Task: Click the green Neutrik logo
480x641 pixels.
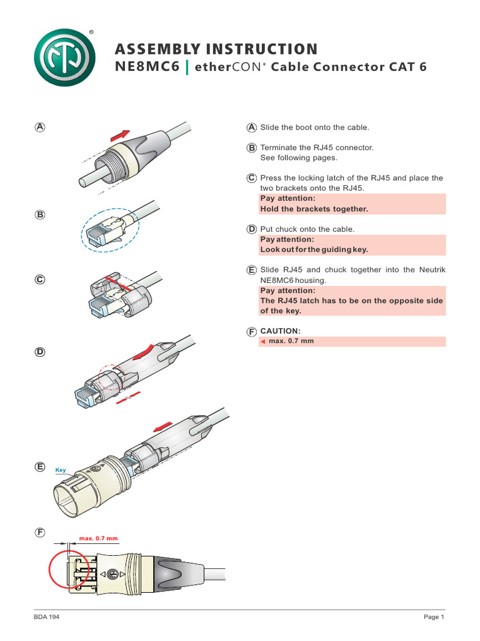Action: tap(64, 61)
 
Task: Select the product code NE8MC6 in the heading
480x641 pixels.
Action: tap(144, 67)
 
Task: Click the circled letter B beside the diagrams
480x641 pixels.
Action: tap(40, 215)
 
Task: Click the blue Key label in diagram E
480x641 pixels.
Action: tap(61, 469)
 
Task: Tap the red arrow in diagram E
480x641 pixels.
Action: tap(161, 426)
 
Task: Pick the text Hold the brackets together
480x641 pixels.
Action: tap(314, 209)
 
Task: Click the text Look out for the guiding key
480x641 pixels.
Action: tap(314, 249)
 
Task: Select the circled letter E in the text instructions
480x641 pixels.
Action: tap(251, 270)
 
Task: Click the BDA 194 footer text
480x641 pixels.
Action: tap(47, 617)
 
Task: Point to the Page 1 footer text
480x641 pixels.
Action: tap(433, 617)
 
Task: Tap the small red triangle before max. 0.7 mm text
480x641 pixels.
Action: tap(263, 342)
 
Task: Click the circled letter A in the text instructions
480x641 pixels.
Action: tap(251, 128)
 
